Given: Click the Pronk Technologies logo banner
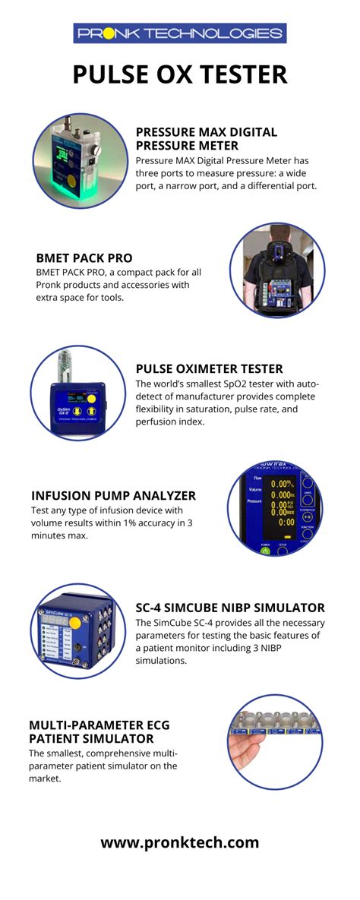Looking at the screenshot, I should (179, 33).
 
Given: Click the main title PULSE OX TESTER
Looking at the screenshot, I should (180, 74).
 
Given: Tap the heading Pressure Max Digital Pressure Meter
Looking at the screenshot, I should (206, 138).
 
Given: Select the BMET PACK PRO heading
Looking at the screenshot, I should (84, 257).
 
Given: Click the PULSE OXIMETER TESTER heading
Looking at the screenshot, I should (209, 368).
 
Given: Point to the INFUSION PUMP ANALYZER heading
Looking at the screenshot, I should (113, 495).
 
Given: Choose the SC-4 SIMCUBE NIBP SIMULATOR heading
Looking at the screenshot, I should (229, 608).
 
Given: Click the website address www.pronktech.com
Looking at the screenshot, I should (180, 842).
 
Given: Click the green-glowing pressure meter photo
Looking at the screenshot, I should (79, 162).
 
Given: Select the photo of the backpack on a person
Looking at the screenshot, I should (276, 270).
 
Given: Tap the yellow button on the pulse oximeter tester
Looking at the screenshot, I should (91, 398).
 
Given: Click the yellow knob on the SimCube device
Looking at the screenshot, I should (75, 625).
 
